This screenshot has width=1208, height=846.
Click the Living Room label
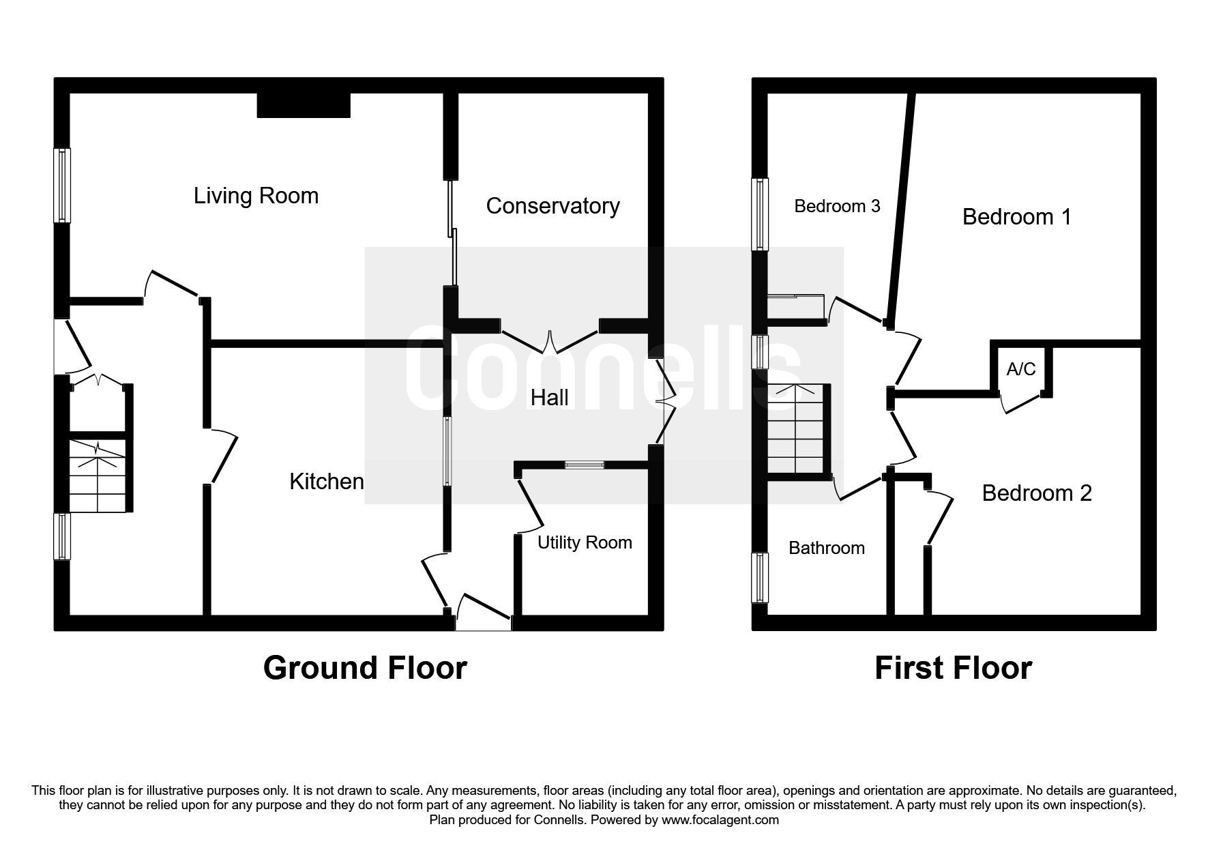click(256, 196)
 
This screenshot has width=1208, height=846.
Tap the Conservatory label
click(553, 206)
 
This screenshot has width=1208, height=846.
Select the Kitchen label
click(327, 482)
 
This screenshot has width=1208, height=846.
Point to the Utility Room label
click(585, 542)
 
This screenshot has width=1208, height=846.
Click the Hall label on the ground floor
click(549, 398)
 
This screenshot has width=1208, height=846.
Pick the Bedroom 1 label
click(1016, 217)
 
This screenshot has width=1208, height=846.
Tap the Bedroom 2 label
click(1037, 493)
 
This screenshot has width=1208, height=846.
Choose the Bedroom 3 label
click(837, 206)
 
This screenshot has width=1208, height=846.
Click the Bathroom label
click(827, 548)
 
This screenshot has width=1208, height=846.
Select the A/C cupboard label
click(1021, 369)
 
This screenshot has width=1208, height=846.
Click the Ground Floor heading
click(365, 668)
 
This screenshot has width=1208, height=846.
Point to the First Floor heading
click(953, 668)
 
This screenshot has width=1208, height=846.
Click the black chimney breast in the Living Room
click(304, 105)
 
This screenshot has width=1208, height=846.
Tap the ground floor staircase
click(98, 476)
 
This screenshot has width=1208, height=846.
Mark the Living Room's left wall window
click(62, 186)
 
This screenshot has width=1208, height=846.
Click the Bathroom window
click(760, 578)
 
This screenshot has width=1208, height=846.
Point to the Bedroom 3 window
click(760, 214)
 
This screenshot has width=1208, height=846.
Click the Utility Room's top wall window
click(585, 465)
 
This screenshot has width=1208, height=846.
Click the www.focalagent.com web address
click(720, 820)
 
